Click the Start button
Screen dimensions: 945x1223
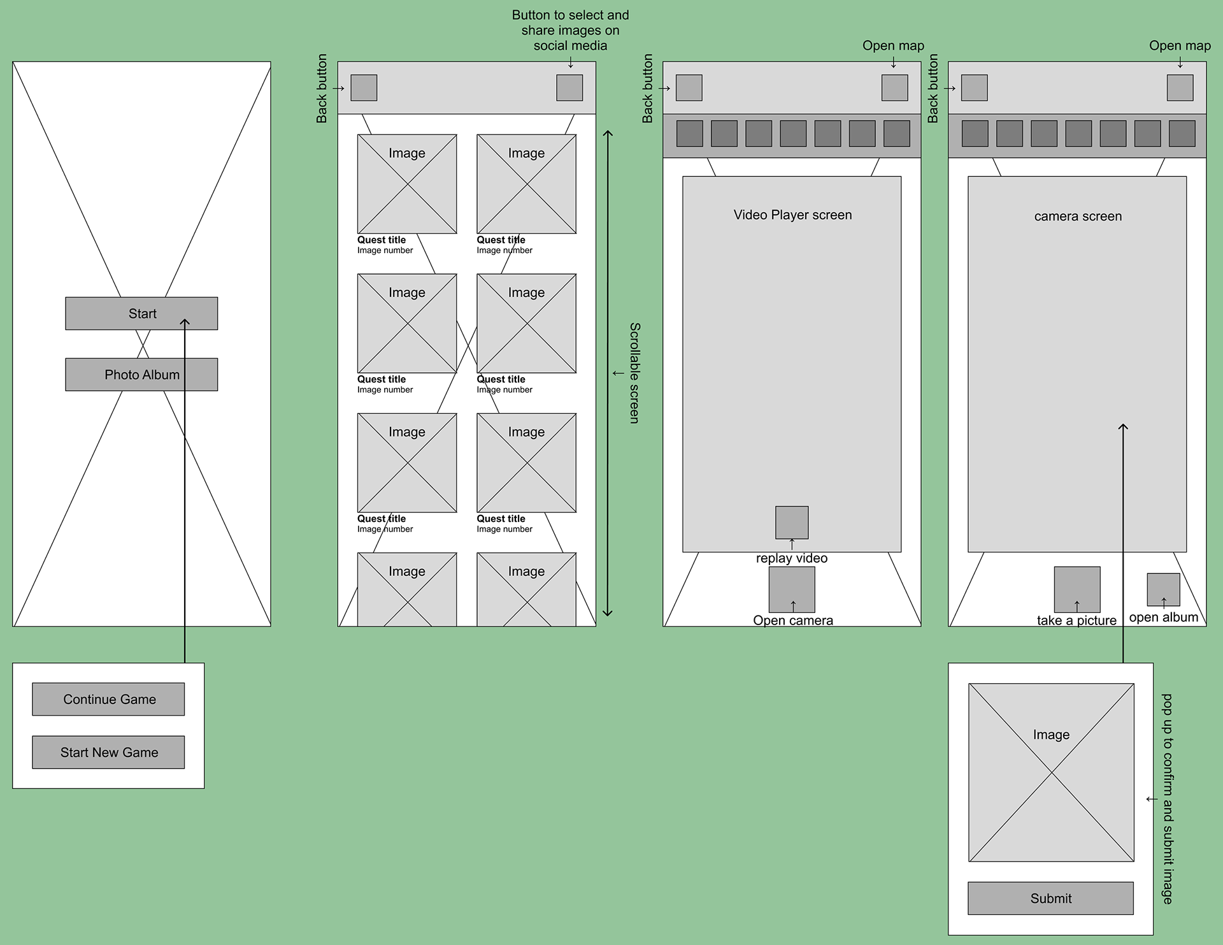[141, 314]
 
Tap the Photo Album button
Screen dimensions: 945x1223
[141, 375]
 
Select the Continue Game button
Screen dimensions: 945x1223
[108, 699]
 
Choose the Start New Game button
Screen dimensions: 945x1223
[108, 752]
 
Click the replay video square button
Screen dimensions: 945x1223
[792, 522]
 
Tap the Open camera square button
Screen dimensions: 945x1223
[792, 589]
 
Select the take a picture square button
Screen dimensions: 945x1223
[1077, 589]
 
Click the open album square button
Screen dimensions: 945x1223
[1163, 589]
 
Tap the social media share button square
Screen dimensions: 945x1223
[569, 88]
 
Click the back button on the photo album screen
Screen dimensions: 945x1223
[364, 88]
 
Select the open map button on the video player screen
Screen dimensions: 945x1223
[894, 88]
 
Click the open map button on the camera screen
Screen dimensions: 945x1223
[1180, 88]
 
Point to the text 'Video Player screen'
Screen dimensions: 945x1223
[792, 215]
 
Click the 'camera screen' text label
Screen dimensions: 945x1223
[1078, 216]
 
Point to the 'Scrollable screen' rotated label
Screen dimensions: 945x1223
[634, 373]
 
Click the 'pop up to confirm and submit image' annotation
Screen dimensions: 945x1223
[1167, 798]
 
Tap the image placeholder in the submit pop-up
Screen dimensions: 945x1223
[1051, 772]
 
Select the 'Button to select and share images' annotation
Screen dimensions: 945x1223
[570, 30]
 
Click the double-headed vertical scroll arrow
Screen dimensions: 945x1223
[608, 373]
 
